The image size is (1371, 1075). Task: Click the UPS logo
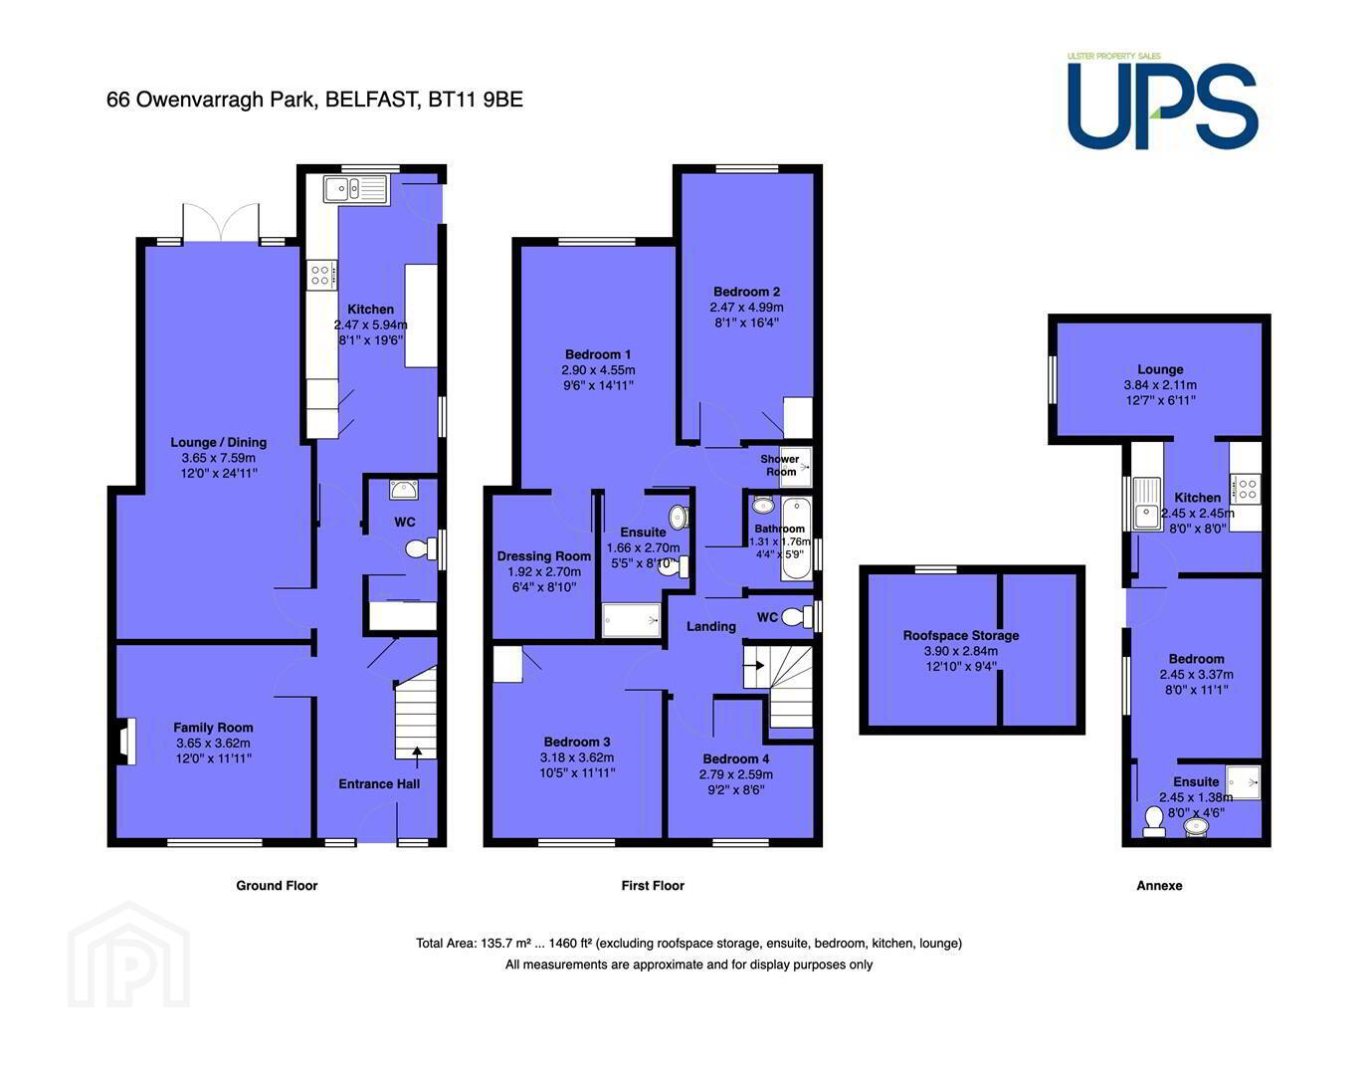tap(1162, 102)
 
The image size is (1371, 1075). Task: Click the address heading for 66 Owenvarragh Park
tap(314, 100)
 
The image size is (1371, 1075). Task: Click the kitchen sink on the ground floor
tap(354, 188)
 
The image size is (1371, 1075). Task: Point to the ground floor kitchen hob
tap(321, 276)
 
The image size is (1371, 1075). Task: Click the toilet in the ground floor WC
tap(421, 548)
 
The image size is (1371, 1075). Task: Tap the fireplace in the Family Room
tap(125, 742)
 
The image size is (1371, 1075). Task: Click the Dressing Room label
tap(544, 556)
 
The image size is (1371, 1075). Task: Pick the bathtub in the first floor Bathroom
tap(797, 538)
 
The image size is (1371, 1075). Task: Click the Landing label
tap(711, 626)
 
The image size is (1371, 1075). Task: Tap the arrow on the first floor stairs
tap(754, 665)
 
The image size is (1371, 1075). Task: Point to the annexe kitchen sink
tap(1146, 503)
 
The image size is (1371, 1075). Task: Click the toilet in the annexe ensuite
tap(1154, 821)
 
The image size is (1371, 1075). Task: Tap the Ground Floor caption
tap(277, 886)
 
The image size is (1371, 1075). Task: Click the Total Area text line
tap(688, 943)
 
